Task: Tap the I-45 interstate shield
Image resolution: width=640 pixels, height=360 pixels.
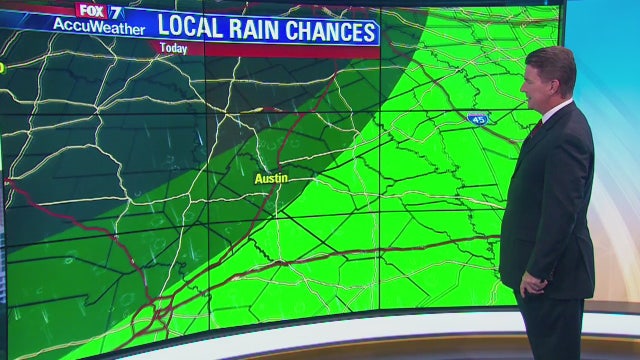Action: tap(478, 118)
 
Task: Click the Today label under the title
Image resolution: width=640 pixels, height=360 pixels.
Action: tap(174, 49)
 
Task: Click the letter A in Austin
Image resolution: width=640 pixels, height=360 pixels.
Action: tap(258, 178)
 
